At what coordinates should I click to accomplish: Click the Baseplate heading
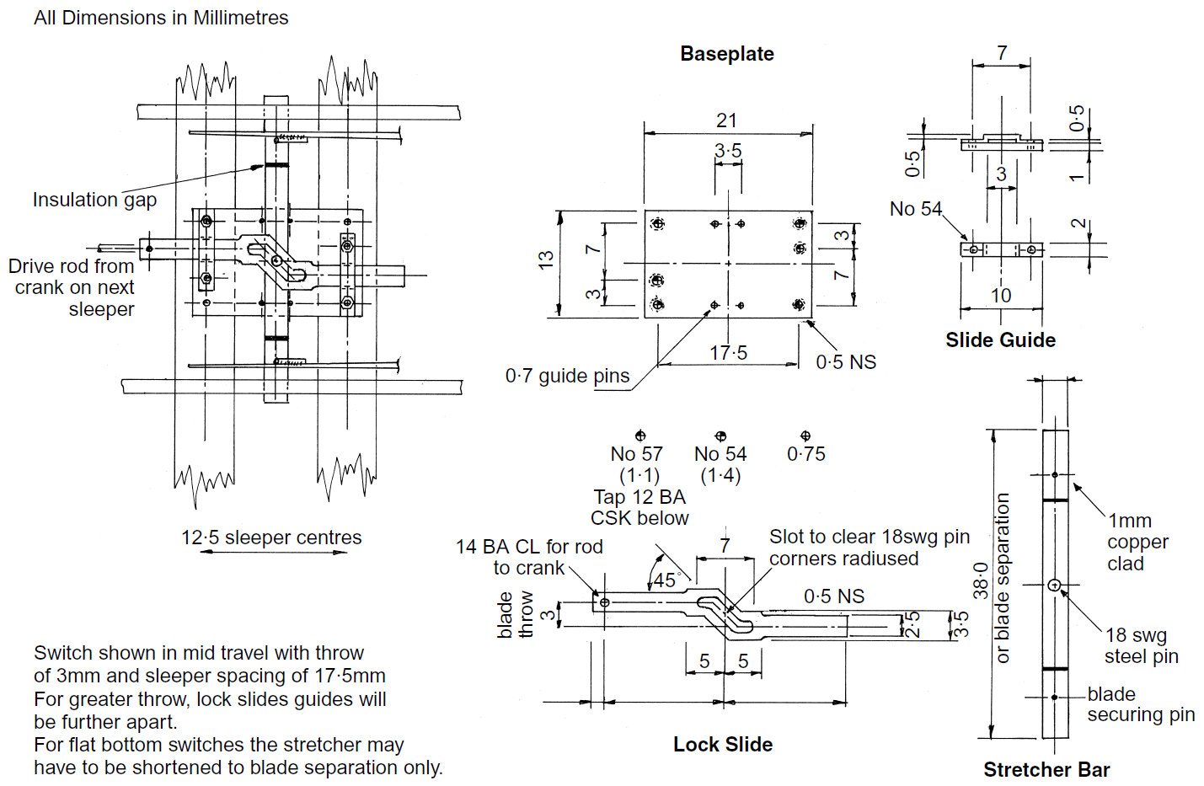pos(726,54)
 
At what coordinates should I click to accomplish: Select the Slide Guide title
pos(1000,340)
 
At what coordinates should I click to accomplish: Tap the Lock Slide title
pos(722,745)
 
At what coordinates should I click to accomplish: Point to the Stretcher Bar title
pos(1046,770)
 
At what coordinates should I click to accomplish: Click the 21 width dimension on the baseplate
pos(726,121)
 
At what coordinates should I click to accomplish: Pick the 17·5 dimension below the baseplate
pos(728,353)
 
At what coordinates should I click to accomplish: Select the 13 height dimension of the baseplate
pos(546,259)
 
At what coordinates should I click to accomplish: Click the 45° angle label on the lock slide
pos(666,580)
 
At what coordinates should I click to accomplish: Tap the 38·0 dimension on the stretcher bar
pos(981,581)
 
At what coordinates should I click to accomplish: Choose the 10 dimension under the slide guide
pos(1001,296)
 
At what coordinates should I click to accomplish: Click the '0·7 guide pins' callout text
pos(567,376)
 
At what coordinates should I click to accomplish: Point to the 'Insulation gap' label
pos(94,200)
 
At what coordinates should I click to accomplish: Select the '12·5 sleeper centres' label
pos(271,537)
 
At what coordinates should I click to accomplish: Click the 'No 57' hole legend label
pos(636,454)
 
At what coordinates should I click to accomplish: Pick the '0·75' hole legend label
pos(805,454)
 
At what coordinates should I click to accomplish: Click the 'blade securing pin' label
pos(1140,704)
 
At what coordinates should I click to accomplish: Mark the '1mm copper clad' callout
pos(1137,542)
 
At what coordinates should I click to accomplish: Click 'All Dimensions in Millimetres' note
pos(161,18)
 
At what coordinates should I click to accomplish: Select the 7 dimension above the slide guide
pos(1002,53)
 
